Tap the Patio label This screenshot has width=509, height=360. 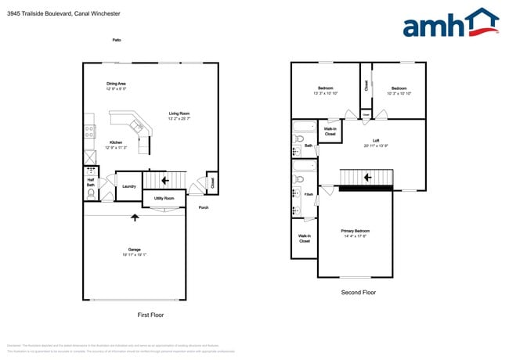tap(117, 39)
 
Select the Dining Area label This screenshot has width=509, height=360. tap(117, 86)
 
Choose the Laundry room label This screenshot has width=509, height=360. tap(130, 186)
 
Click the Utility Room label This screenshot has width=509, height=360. tap(164, 199)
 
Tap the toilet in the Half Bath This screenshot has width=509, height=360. tap(91, 193)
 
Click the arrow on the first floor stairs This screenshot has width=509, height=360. tap(165, 182)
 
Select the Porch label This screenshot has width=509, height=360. tap(204, 207)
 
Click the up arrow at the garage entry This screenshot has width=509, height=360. tap(135, 218)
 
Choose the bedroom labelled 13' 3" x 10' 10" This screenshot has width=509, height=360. tap(325, 91)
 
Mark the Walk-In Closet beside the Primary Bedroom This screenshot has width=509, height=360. tap(304, 238)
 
